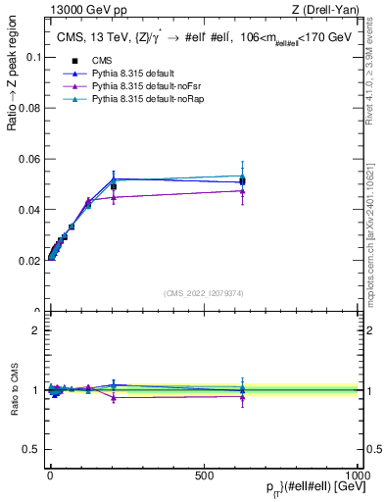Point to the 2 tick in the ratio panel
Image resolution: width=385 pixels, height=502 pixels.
[x=35, y=330]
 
